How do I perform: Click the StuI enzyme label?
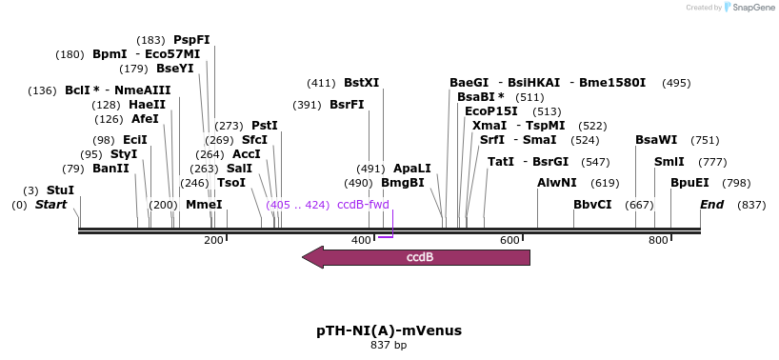(x=60, y=190)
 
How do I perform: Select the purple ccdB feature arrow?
(x=415, y=257)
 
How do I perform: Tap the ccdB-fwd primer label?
(x=363, y=205)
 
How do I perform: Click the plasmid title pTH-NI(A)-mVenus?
(x=389, y=330)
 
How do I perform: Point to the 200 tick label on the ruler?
(x=213, y=240)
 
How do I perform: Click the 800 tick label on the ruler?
(x=658, y=240)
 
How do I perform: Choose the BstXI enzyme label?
(x=362, y=83)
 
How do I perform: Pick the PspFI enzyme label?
(x=191, y=40)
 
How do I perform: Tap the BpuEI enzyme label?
(x=689, y=182)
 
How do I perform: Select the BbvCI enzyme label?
(x=592, y=205)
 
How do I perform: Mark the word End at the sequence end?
(x=711, y=205)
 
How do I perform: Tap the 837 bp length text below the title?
(x=389, y=346)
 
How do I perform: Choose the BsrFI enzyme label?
(x=347, y=105)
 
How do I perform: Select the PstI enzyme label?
(x=265, y=126)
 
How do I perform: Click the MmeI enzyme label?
(x=204, y=205)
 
